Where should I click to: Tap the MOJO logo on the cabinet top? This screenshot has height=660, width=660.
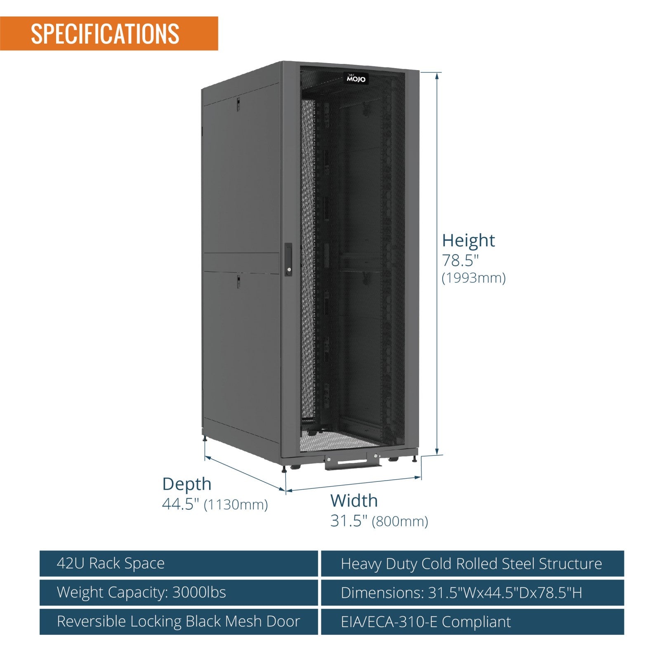click(x=356, y=78)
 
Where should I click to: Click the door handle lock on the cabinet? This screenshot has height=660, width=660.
click(x=288, y=259)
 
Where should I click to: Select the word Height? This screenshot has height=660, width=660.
click(x=468, y=240)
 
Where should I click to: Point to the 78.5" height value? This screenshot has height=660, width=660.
click(x=460, y=261)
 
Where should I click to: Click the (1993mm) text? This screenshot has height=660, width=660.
click(x=474, y=278)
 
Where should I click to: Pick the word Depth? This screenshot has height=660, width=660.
click(x=186, y=484)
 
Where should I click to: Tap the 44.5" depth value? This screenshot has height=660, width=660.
click(x=181, y=504)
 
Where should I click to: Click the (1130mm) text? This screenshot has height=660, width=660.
click(x=236, y=504)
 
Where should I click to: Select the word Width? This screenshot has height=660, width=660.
click(x=354, y=501)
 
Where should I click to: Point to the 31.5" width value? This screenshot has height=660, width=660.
click(x=349, y=521)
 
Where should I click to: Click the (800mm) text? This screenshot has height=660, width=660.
click(x=400, y=521)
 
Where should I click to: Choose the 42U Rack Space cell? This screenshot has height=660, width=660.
click(x=179, y=563)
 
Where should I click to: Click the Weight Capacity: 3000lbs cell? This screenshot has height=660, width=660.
click(x=179, y=593)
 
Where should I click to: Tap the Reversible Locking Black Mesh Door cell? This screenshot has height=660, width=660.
click(x=179, y=622)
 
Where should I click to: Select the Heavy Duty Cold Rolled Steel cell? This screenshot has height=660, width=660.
click(x=472, y=563)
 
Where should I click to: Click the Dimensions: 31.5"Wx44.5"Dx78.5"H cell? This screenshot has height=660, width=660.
click(x=472, y=593)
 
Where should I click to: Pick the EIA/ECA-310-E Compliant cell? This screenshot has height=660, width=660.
click(x=472, y=622)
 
